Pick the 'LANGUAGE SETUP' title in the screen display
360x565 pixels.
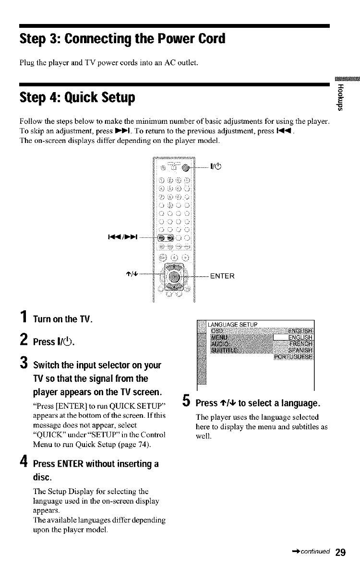(235, 324)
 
